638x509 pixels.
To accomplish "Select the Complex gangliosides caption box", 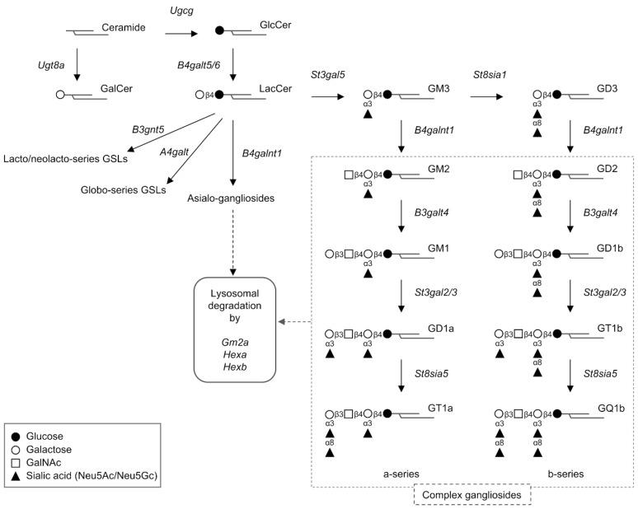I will [471, 494].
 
